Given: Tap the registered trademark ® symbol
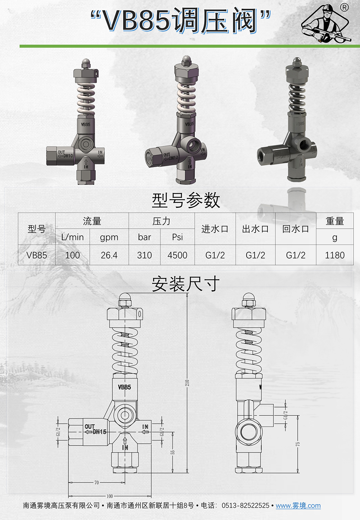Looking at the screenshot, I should point(344,8).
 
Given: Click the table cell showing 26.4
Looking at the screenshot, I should point(109,255).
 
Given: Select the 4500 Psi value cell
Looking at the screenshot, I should point(177,255).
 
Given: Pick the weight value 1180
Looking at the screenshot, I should point(334,255).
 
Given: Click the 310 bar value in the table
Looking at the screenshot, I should point(144,255).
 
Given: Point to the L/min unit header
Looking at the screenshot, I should point(72,237).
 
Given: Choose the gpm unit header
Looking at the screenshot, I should point(109,237).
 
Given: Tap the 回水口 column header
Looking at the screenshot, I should point(296,229).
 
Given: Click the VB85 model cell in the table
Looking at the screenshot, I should point(37,255).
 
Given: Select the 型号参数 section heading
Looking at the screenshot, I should point(185,200).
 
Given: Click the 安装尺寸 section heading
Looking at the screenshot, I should point(185,284).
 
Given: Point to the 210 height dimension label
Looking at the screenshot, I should point(187,383).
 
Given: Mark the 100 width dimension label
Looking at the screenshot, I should point(109,496).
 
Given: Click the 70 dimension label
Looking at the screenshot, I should point(96,483).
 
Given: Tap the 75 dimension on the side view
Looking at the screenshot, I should point(298,444).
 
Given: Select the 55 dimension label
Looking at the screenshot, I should point(173,452).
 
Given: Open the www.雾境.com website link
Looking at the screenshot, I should point(298,506).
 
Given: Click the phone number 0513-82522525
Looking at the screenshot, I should point(245,506).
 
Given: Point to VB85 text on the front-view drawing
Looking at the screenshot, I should point(125,387).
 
